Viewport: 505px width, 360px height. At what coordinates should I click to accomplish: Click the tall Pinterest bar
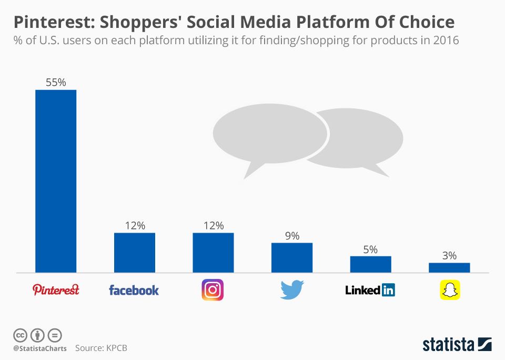coord(56,181)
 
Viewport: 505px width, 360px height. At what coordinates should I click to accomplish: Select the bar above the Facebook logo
coord(135,253)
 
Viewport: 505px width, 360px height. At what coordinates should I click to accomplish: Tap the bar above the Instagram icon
coord(213,253)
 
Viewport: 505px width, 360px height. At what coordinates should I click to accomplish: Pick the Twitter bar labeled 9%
coord(292,257)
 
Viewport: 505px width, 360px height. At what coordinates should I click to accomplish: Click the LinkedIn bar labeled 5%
coord(370,264)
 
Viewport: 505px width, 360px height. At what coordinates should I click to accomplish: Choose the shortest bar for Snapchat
coord(449,267)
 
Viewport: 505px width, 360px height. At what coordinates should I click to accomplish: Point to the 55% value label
coord(56,83)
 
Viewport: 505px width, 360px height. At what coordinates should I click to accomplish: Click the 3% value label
coord(449,255)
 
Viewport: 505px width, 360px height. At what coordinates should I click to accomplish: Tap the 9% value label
coord(292,236)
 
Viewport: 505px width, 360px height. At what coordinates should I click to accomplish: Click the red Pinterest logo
coord(56,289)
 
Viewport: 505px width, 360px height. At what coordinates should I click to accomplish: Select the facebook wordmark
coord(134,290)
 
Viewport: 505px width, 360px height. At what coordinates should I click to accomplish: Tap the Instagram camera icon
coord(213,290)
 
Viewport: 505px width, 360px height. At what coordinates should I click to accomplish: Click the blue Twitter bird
coord(292,290)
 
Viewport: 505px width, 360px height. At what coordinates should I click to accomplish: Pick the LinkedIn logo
coord(370,290)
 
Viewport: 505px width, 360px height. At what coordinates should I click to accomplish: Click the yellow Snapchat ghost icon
coord(450,290)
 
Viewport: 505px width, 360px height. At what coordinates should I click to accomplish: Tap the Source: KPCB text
coord(101,348)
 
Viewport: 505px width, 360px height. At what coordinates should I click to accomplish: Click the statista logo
coord(457,345)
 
